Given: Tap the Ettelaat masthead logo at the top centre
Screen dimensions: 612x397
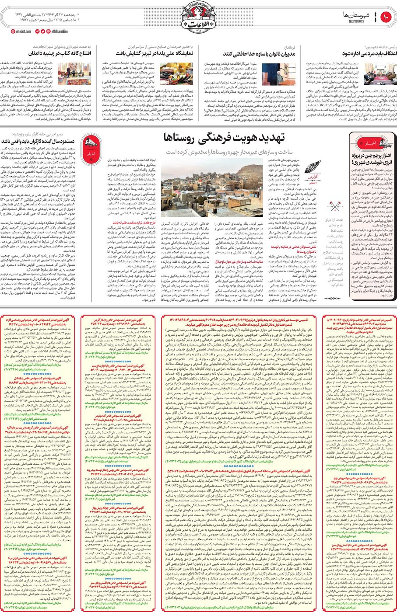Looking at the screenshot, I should [198, 17].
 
